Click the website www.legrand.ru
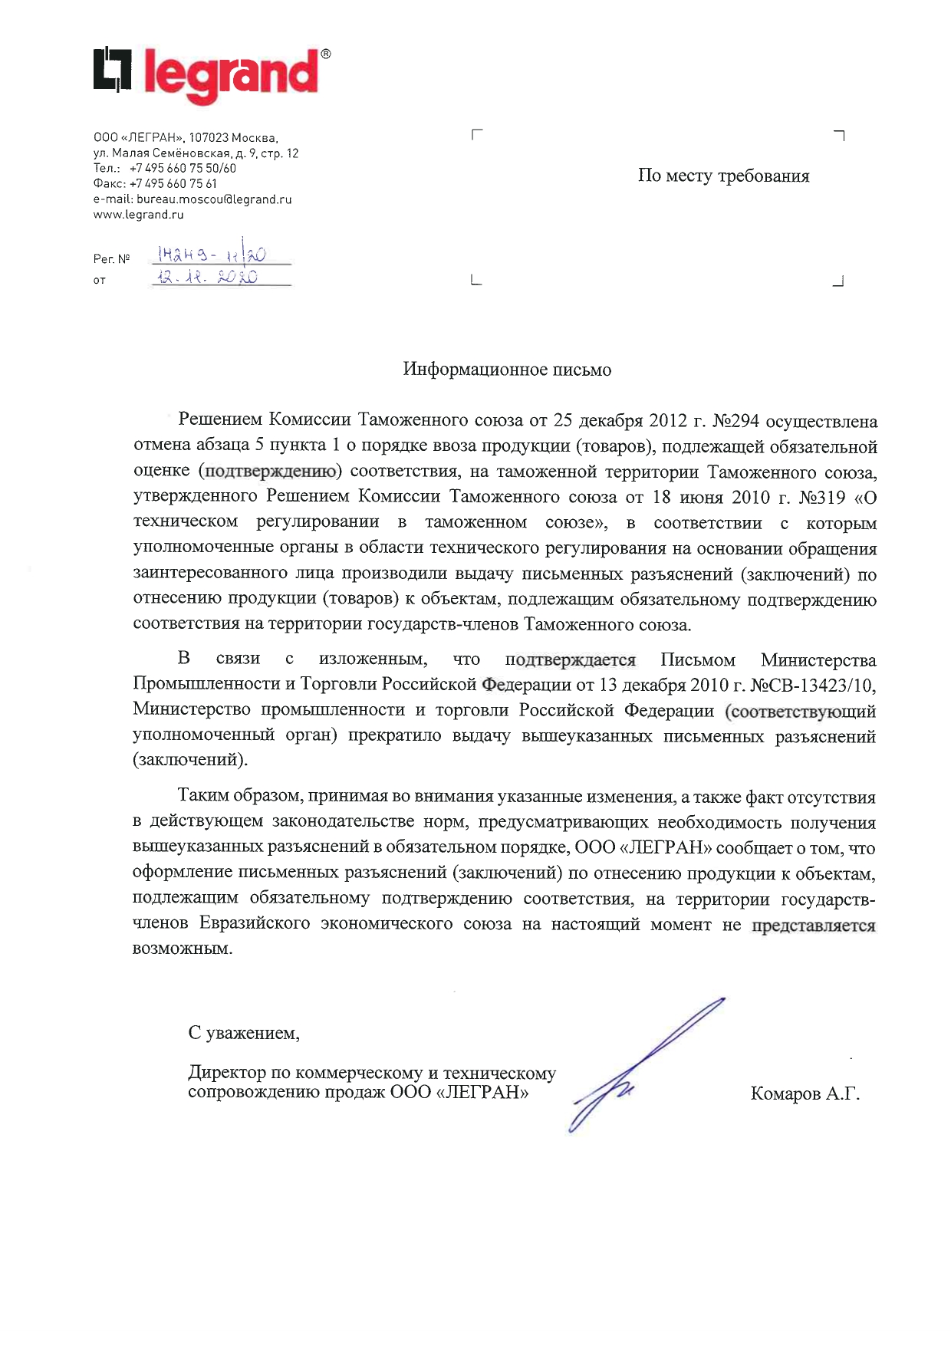139,215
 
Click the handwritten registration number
211,255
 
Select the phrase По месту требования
723,176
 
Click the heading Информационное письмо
507,370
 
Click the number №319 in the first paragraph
821,498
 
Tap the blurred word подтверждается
571,660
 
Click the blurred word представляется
813,926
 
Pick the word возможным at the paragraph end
182,949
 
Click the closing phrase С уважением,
244,1034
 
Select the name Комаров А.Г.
805,1094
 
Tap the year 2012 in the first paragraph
667,421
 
